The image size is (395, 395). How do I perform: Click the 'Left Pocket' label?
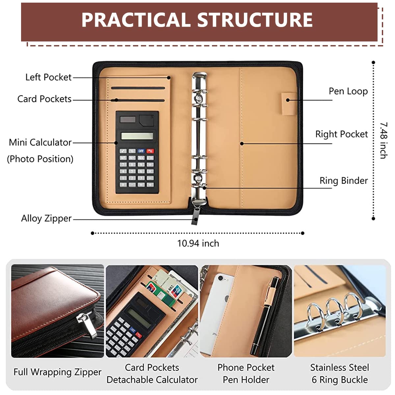[x=48, y=77]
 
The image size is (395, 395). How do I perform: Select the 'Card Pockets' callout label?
[x=44, y=99]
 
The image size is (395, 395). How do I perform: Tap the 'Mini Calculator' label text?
[x=40, y=143]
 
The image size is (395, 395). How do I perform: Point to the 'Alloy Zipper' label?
[x=46, y=219]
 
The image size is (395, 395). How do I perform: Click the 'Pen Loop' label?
[x=348, y=92]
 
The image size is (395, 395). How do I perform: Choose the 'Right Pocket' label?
[x=341, y=134]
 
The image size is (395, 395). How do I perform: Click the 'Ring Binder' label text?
[x=343, y=181]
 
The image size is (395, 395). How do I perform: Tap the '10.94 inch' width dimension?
[x=198, y=244]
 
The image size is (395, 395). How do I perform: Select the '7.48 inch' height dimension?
[x=383, y=141]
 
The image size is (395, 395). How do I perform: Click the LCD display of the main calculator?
[x=137, y=136]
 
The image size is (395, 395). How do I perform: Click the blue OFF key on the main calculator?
[x=141, y=151]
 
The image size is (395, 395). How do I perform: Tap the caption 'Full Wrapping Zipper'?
[x=57, y=372]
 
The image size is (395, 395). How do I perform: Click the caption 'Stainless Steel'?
[x=339, y=368]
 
